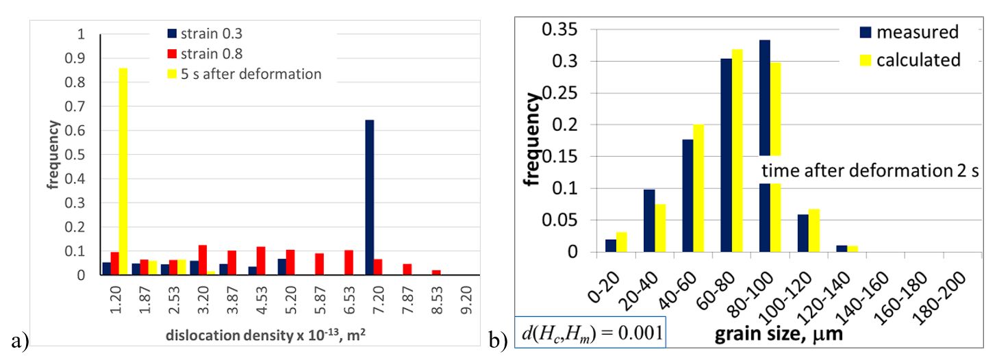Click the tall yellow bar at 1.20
tap(123, 171)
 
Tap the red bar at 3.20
tap(202, 259)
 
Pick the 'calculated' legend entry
tap(918, 60)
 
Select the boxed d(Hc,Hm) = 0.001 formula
tap(590, 335)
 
